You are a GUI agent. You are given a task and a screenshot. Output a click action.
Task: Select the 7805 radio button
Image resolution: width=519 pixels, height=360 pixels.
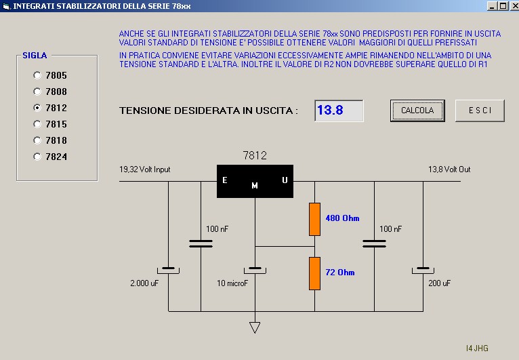point(37,75)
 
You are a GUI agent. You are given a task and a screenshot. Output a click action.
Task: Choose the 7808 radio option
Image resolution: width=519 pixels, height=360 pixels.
point(37,92)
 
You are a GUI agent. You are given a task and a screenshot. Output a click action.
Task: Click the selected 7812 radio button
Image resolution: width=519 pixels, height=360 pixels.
point(37,108)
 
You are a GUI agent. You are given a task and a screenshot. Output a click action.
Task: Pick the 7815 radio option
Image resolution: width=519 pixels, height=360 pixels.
point(37,124)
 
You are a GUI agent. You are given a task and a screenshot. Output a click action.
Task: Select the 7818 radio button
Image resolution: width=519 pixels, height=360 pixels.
point(37,140)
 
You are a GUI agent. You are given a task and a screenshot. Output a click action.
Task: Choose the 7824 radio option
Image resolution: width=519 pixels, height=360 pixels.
point(37,157)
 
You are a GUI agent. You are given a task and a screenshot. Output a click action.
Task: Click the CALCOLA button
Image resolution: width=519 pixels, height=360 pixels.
point(417,111)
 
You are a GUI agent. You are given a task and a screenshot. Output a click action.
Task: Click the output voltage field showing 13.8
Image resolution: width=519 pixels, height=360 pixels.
point(339,111)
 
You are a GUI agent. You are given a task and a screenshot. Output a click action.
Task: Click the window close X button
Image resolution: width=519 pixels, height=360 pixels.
point(512,6)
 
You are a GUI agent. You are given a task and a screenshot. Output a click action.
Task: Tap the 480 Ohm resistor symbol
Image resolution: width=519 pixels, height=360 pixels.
point(314,218)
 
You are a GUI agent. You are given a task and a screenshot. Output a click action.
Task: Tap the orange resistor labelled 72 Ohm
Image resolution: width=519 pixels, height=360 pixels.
point(314,273)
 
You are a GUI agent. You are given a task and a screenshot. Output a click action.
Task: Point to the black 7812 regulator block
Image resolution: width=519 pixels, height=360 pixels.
point(255,181)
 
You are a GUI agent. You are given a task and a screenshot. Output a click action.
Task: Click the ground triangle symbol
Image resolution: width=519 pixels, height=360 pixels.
point(255,327)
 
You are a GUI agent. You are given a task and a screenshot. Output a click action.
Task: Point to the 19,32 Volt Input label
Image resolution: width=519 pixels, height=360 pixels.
point(144,169)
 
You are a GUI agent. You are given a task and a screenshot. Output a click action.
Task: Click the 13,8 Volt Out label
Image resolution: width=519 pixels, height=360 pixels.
point(449,169)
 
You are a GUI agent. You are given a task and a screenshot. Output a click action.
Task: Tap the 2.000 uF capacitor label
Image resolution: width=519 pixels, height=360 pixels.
point(145,282)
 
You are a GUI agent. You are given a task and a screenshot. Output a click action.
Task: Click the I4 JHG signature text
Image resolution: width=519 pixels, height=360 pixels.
point(477,348)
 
